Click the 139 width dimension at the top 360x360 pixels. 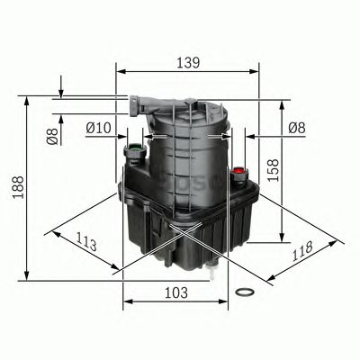click(187, 64)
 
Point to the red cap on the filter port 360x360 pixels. click(238, 169)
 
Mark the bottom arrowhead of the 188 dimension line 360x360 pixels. click(28, 276)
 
